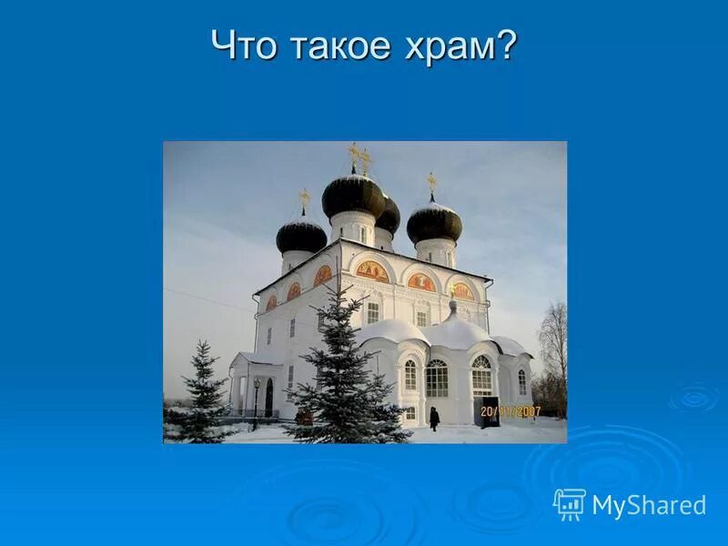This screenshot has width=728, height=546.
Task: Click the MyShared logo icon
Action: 570,503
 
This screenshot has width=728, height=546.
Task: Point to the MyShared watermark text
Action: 649,505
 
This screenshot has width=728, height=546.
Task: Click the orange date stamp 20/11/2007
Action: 511,411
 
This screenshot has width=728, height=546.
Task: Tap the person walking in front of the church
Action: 434,419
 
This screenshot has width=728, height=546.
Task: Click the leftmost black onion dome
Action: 301,235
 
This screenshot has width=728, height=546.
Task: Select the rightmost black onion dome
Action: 434,223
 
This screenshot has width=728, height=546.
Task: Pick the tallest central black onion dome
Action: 353,195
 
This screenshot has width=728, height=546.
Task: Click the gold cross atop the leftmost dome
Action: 304,197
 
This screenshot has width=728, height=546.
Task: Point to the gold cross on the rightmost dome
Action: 432,182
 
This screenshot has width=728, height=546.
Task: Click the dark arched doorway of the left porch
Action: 268,398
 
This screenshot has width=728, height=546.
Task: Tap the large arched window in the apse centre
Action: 437,378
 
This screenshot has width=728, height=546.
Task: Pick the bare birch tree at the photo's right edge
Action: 552,350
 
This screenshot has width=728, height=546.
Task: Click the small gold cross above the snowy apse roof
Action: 450,289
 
